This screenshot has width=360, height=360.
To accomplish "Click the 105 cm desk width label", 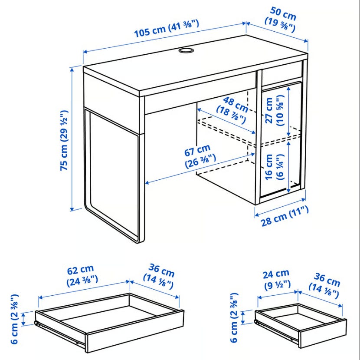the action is (167, 28).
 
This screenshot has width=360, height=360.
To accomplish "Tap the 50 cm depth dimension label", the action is (280, 19).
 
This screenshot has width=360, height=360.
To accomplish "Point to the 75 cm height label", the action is (64, 141).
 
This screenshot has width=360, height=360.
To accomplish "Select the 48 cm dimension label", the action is (232, 110).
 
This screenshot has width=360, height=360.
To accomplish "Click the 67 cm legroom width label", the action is (200, 156).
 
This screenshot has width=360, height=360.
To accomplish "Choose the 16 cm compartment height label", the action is (275, 166).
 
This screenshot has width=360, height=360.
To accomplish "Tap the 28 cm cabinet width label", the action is (285, 216).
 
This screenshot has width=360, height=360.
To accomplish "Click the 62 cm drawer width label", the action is (82, 275).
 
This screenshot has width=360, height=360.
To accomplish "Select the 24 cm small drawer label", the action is (276, 279).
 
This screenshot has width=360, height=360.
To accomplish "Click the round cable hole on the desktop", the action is (186, 50).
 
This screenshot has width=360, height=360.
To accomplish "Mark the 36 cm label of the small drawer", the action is (324, 285).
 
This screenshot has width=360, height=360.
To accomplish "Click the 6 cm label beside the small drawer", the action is (234, 317).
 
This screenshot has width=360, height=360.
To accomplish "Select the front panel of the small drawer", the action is (322, 334).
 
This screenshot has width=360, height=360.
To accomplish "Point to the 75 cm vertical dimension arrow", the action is (72, 139).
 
